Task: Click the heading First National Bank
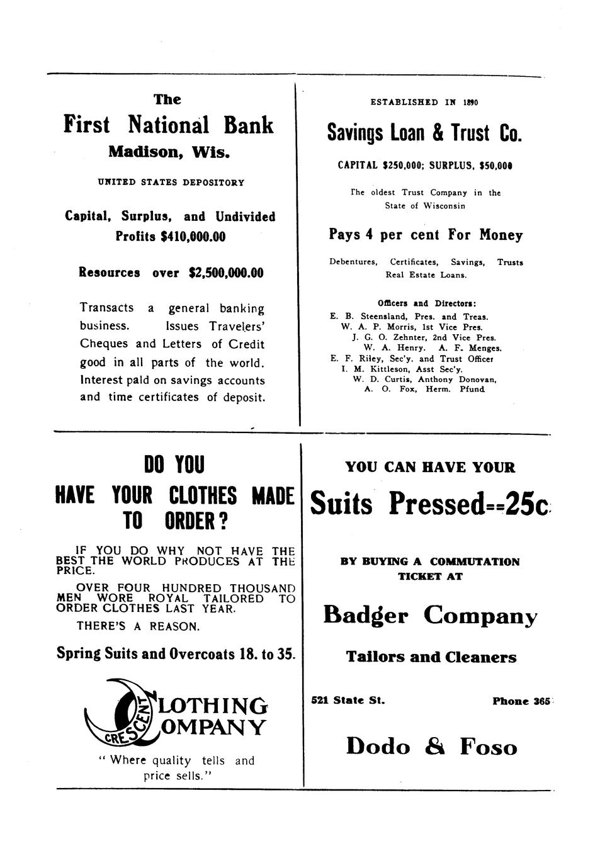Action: (x=169, y=125)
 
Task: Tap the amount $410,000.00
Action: (x=193, y=237)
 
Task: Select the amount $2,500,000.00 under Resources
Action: (x=225, y=273)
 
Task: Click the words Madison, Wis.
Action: (x=169, y=152)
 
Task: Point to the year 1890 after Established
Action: (x=470, y=102)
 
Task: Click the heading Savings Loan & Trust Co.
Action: (x=425, y=133)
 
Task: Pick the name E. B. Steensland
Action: (x=365, y=317)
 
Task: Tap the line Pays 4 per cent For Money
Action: (x=426, y=235)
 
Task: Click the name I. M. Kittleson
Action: (x=374, y=369)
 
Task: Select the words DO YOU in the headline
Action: (x=174, y=466)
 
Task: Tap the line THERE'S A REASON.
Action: (x=138, y=627)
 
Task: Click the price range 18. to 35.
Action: (x=268, y=653)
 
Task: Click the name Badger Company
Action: (x=430, y=615)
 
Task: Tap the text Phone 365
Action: (x=521, y=701)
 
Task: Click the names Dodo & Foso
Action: (x=431, y=747)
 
